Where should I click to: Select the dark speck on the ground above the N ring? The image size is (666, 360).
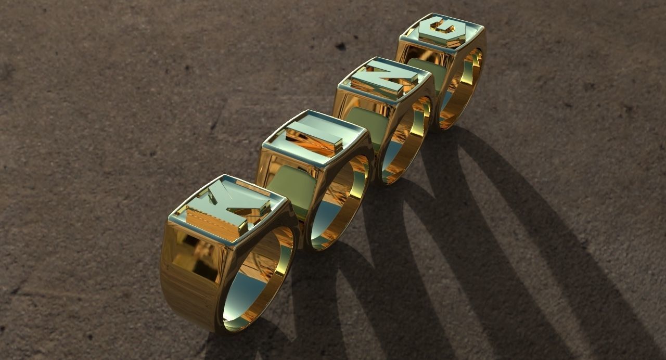point(341,47)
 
